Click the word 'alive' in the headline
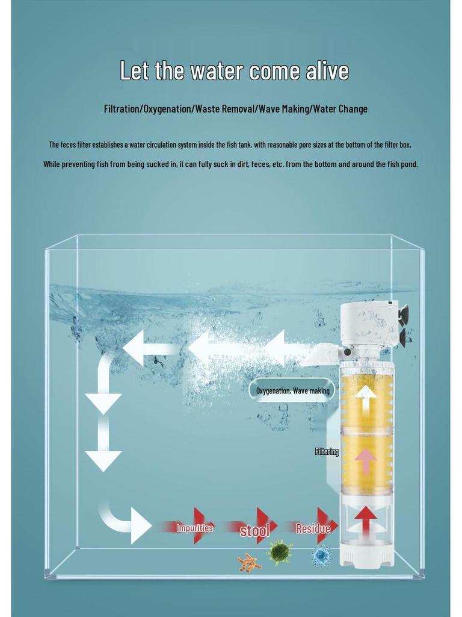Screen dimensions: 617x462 (327, 71)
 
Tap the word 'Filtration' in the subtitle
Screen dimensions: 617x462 (122, 109)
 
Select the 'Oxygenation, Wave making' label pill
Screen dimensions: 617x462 (292, 390)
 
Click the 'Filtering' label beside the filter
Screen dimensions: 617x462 (327, 451)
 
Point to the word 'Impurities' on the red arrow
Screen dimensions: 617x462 (194, 528)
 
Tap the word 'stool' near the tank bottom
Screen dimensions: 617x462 (254, 531)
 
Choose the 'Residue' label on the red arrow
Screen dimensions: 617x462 (313, 528)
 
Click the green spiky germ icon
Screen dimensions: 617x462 (280, 551)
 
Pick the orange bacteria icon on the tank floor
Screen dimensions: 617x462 (248, 563)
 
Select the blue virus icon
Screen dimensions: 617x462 (322, 555)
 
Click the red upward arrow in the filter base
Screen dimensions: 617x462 (365, 519)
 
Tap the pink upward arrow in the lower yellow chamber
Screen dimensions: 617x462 (365, 462)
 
